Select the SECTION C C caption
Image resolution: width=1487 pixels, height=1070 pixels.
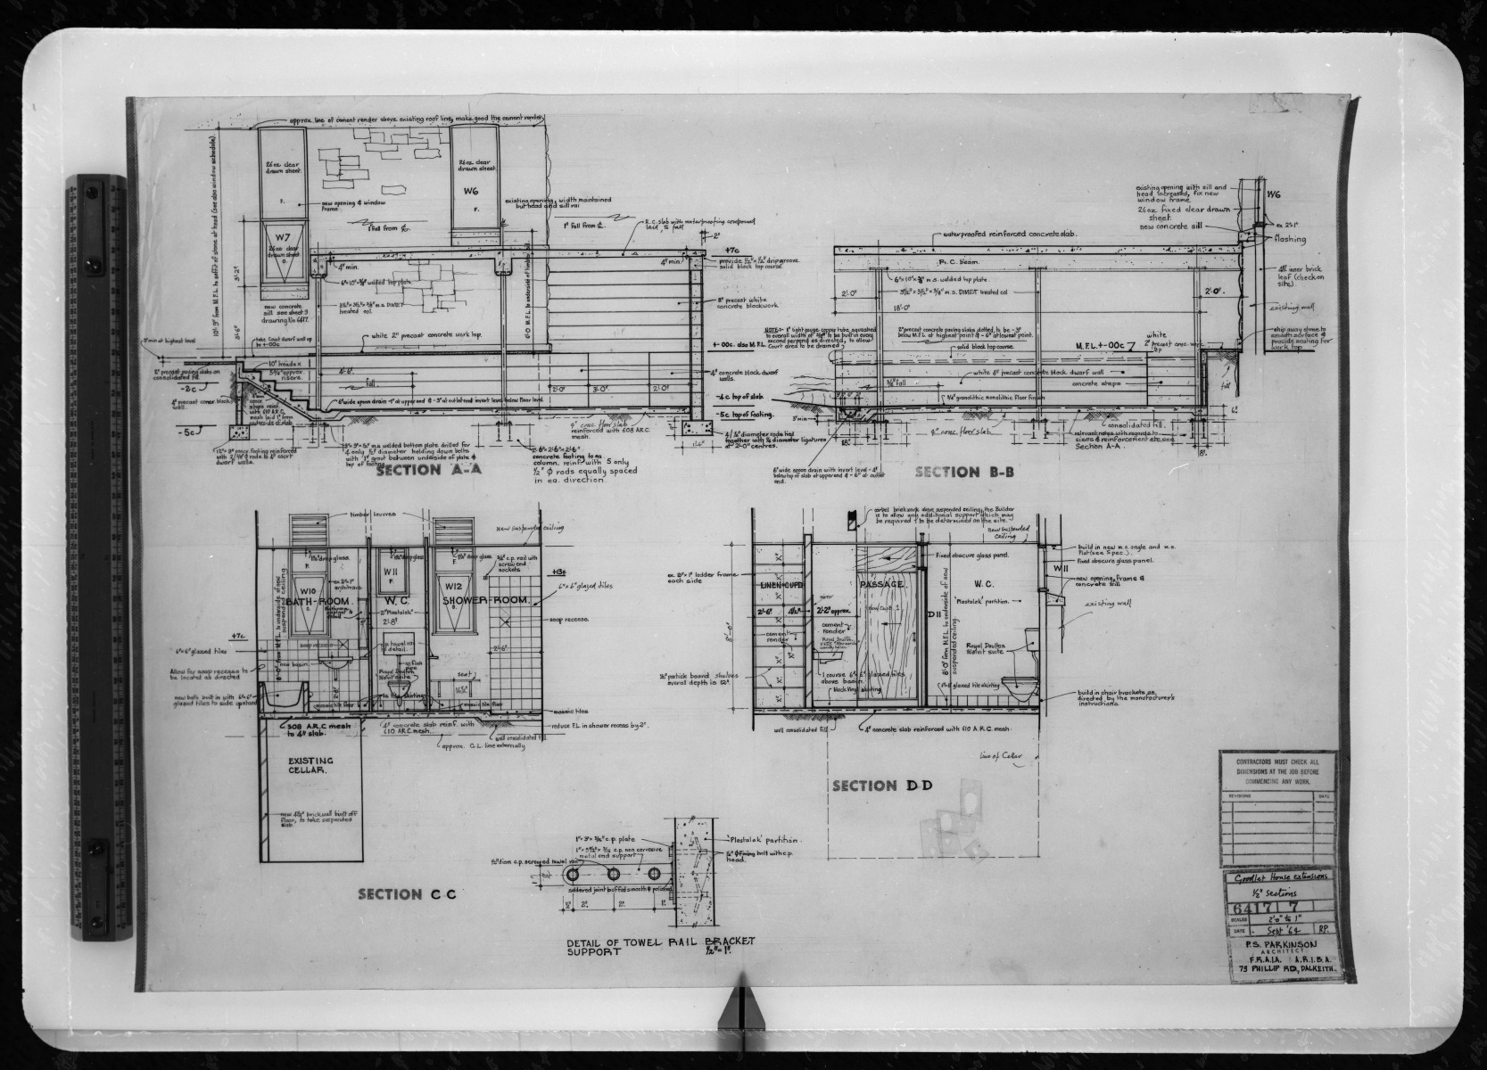(x=407, y=893)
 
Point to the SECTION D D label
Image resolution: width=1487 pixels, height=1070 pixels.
(x=881, y=786)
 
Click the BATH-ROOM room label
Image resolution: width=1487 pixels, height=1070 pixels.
(x=312, y=602)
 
